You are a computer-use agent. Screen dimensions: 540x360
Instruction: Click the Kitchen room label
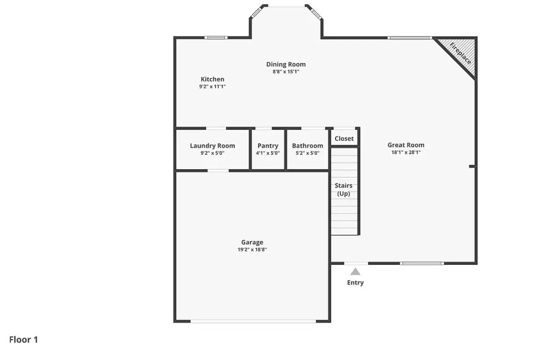(212, 79)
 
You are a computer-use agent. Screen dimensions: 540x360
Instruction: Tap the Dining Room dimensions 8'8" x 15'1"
(286, 72)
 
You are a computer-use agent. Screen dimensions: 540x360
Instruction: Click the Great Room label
(406, 145)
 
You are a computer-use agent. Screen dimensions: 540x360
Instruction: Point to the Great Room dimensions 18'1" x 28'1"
(406, 152)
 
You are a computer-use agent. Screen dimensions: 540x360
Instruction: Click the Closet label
(344, 138)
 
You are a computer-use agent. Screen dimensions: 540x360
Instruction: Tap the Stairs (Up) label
(344, 189)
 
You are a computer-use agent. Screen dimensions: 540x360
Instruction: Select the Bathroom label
(307, 146)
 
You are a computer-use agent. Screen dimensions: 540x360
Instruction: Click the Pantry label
(268, 146)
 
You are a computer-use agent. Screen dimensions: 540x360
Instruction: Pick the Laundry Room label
(212, 146)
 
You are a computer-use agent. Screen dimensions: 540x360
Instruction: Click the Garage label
(252, 242)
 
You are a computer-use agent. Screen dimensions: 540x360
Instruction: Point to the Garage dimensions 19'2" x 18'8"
(252, 250)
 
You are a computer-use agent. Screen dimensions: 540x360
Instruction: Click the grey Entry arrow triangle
(355, 272)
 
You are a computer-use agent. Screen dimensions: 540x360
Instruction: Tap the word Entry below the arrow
(355, 283)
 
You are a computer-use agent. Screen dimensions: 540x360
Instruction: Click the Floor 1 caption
(23, 340)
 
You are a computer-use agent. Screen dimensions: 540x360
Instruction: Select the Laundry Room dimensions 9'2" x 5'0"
(212, 153)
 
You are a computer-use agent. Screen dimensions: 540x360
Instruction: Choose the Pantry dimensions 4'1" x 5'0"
(268, 153)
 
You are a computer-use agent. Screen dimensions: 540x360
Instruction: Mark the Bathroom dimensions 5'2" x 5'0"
(307, 153)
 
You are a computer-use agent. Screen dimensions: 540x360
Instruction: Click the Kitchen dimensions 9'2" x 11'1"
(212, 87)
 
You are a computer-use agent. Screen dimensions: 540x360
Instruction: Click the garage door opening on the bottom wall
(253, 322)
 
